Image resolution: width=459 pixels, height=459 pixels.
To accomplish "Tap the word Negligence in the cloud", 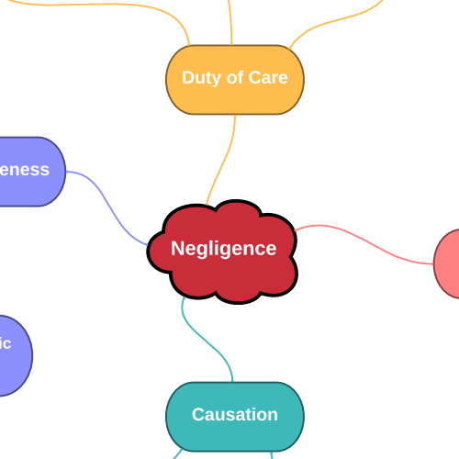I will point(223,248).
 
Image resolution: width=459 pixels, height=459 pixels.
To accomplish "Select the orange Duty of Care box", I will point(235,96).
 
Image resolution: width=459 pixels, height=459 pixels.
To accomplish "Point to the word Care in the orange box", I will point(269,77).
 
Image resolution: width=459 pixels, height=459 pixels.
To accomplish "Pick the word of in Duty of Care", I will point(237,77).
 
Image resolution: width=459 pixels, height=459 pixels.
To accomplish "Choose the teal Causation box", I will point(235,431).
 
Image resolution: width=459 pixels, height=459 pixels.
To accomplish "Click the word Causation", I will point(235,415).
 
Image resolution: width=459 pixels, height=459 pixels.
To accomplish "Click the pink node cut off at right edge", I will point(449,264).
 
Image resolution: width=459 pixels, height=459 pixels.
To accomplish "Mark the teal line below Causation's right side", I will point(273,454).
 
